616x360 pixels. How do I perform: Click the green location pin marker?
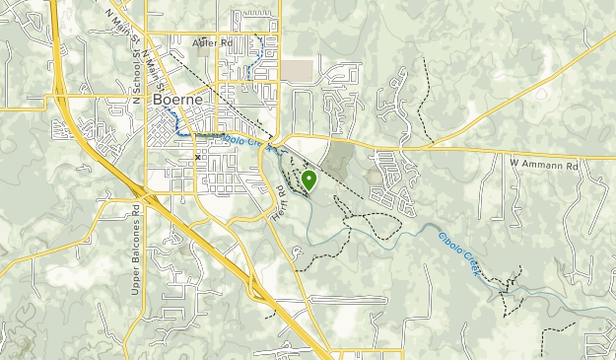(x=309, y=180)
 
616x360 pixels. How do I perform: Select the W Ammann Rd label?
(x=543, y=161)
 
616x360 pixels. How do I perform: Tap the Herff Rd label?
(x=279, y=202)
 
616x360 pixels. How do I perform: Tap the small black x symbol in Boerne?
(x=197, y=157)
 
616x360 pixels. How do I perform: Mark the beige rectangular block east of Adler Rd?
(x=297, y=71)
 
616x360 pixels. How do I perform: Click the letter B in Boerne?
(x=158, y=101)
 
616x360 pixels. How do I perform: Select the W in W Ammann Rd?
(x=513, y=161)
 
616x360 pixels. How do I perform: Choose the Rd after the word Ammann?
(x=571, y=161)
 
